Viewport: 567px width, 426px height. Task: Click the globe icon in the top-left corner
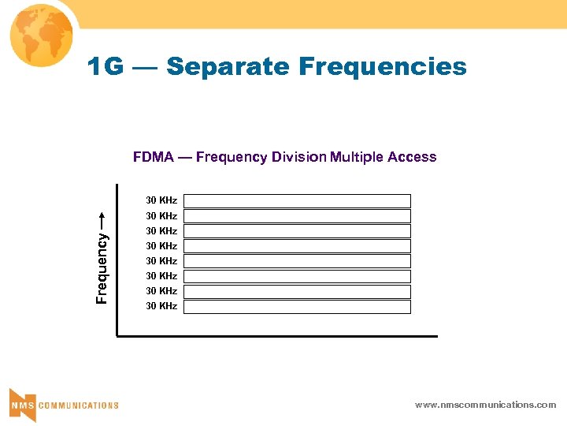tap(39, 35)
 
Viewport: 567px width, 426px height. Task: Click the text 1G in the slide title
tap(106, 67)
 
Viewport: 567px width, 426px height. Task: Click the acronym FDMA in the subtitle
tap(154, 157)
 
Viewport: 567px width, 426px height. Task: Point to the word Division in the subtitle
tap(298, 157)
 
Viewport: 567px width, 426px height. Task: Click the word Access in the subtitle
tap(412, 157)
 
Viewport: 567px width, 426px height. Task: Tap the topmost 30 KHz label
tap(161, 200)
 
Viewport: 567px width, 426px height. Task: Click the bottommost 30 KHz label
tap(161, 306)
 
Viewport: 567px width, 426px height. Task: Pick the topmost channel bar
tap(298, 201)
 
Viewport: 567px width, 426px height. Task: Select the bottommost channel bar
tap(298, 307)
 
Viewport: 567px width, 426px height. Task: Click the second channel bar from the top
tap(298, 216)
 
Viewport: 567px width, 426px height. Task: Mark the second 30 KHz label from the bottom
tap(161, 291)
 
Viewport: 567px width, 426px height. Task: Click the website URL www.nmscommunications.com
tap(485, 405)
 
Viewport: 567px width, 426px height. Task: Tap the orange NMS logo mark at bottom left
tap(22, 404)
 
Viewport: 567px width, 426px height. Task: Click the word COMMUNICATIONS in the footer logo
tap(79, 405)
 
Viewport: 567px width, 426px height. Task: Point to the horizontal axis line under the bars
tap(276, 336)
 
